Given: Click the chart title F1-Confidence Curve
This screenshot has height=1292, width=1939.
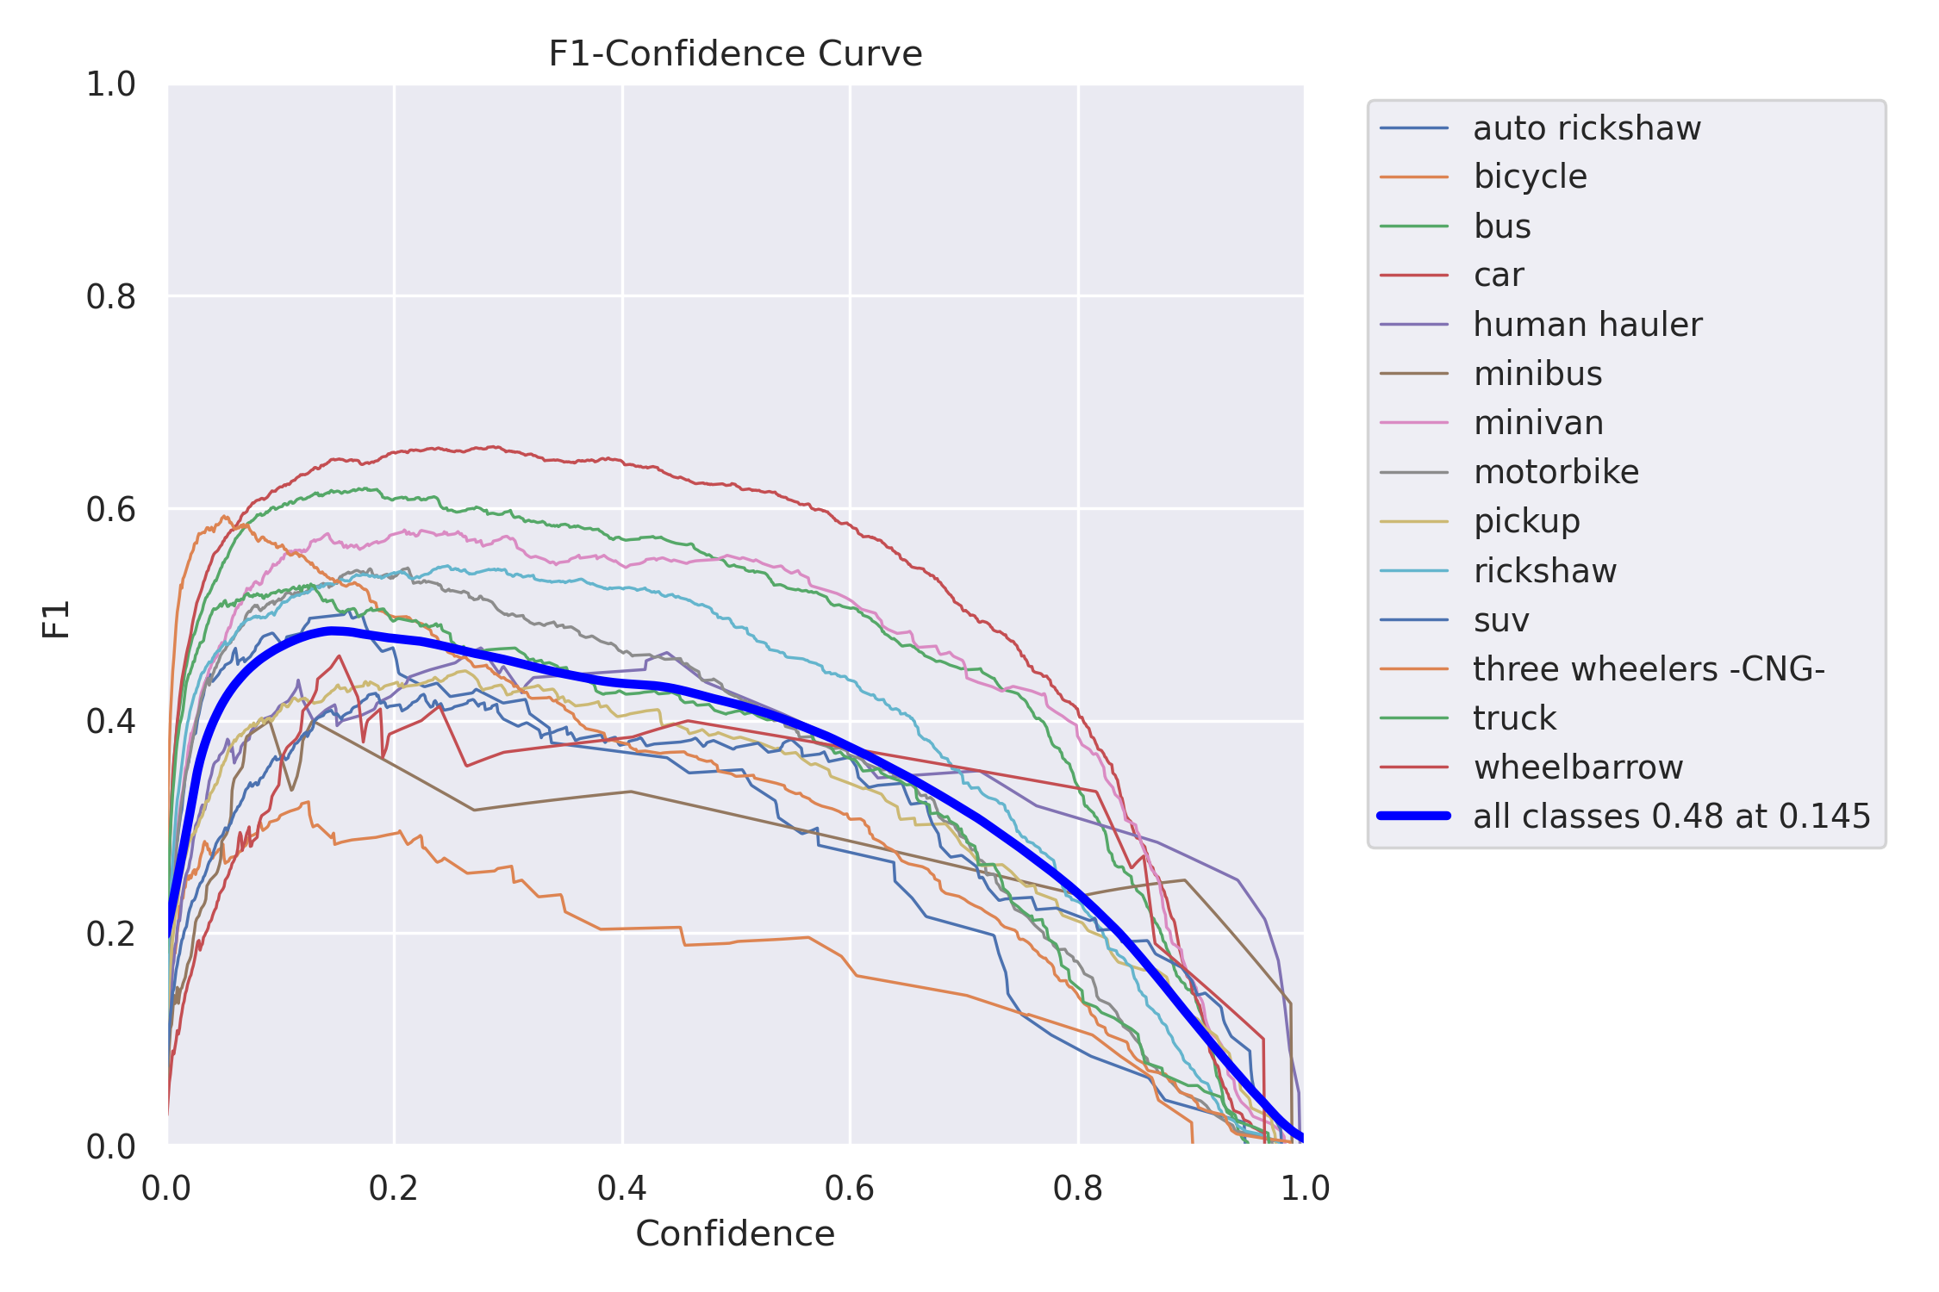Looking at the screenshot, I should [735, 53].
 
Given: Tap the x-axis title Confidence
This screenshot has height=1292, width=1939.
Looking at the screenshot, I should [735, 1233].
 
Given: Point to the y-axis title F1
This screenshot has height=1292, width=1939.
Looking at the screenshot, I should [57, 618].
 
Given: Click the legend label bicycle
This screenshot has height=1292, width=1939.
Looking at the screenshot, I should [1530, 177].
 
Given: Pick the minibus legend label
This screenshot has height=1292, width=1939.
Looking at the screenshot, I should [1537, 374].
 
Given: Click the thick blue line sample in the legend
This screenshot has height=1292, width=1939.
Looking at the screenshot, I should [1414, 816].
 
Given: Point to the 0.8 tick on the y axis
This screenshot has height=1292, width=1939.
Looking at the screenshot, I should [111, 297].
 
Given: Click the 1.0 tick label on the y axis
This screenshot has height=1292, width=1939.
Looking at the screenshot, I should [111, 84].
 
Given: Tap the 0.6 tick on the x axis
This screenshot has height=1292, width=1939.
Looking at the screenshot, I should [849, 1189].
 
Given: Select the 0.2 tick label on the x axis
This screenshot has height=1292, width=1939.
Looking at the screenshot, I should [393, 1189].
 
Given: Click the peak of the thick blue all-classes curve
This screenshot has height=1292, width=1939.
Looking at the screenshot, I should [333, 631].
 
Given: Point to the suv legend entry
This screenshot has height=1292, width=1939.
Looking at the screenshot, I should [1500, 620].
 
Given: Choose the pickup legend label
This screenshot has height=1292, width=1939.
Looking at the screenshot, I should [1526, 521].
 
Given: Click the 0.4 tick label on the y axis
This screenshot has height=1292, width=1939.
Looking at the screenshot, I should [111, 721].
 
